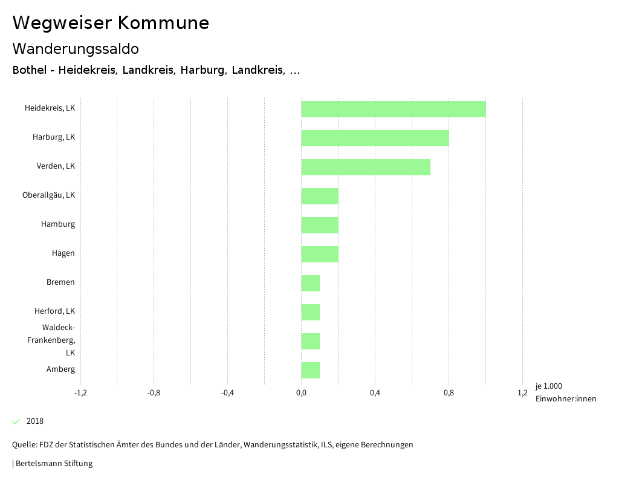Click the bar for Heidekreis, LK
click(x=393, y=109)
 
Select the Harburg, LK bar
click(x=375, y=138)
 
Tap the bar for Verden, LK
click(x=366, y=167)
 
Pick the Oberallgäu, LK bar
click(x=320, y=196)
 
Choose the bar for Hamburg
click(x=320, y=225)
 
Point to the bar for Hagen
click(x=320, y=254)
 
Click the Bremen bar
click(x=311, y=283)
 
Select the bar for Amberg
click(x=311, y=370)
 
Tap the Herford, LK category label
click(x=54, y=311)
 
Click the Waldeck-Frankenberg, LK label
click(x=51, y=340)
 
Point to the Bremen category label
click(x=60, y=282)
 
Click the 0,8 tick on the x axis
click(x=449, y=393)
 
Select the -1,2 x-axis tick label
click(x=80, y=393)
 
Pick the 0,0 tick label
click(x=301, y=393)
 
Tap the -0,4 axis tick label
click(x=227, y=393)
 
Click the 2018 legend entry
click(x=34, y=421)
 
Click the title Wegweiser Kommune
click(x=111, y=23)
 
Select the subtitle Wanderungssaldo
click(x=76, y=48)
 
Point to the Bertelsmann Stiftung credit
click(x=53, y=464)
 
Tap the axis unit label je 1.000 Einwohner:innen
click(x=565, y=392)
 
